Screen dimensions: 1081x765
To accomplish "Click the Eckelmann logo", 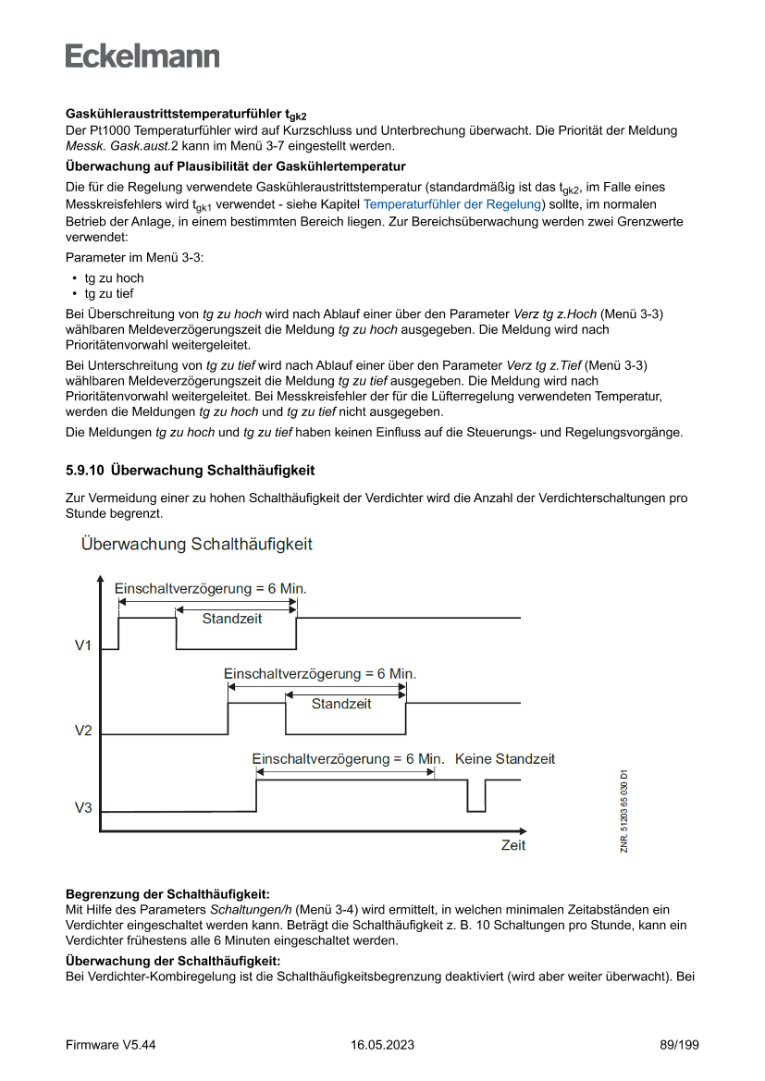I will coord(142,55).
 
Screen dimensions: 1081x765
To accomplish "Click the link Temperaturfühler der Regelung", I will coord(451,204).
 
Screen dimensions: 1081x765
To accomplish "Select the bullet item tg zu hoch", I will coord(114,277).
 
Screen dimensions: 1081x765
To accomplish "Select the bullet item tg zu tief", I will coord(109,293).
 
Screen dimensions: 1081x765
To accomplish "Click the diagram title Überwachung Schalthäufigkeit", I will coord(196,544).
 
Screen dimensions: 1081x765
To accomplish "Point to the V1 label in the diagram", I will coord(83,645).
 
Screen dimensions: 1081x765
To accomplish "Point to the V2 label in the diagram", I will coord(83,731).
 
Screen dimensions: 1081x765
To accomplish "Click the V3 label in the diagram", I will coord(83,808).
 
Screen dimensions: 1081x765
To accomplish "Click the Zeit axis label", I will coord(512,845).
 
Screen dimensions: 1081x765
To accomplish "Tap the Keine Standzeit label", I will coord(505,759).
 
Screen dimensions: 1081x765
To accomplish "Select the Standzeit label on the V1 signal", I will coord(232,619).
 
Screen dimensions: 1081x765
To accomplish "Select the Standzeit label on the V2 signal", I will coord(341,704).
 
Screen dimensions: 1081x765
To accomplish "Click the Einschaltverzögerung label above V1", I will coord(210,589).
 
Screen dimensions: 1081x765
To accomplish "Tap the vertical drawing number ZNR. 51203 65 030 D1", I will coord(625,811).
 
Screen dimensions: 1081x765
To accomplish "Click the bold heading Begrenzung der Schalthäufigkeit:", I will coord(167,894).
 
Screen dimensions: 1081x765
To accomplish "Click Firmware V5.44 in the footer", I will coord(110,1045).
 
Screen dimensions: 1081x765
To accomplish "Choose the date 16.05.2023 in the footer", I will coord(382,1045).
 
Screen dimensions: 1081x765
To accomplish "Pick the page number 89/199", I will coord(672,1045).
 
